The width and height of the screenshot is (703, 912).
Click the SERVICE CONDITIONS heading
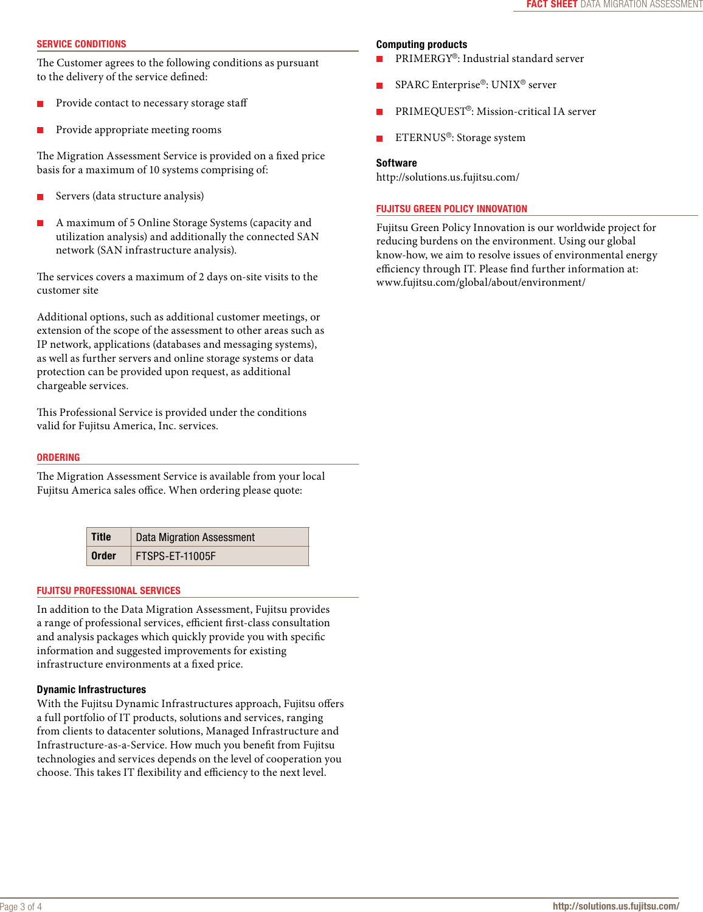(x=81, y=44)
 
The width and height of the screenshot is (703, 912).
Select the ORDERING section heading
(x=58, y=458)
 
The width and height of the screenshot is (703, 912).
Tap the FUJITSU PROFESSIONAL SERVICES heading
(x=108, y=591)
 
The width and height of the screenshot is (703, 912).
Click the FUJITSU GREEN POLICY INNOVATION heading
(x=451, y=209)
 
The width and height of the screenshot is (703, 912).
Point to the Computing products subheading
(x=421, y=44)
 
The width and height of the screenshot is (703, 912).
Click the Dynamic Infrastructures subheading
(x=91, y=689)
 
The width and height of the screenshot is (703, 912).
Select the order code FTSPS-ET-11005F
(x=176, y=556)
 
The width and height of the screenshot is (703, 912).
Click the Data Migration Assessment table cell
(x=195, y=537)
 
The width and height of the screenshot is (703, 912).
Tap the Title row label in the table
(x=101, y=537)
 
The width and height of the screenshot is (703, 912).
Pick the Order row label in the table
(x=103, y=556)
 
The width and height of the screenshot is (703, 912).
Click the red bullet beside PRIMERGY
(x=379, y=59)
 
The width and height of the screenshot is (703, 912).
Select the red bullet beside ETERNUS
(x=379, y=139)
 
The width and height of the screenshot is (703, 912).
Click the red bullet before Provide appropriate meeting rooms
(x=40, y=130)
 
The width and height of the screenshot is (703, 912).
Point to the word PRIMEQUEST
(x=430, y=112)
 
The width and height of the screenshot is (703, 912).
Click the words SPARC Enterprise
(x=437, y=85)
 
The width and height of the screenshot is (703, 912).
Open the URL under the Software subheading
(x=448, y=178)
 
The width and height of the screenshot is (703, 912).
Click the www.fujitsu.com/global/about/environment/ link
(x=480, y=283)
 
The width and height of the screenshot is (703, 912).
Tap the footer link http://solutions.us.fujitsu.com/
(x=615, y=906)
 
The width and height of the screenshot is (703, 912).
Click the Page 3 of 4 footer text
(x=21, y=907)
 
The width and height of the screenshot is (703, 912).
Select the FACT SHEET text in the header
(x=552, y=4)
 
